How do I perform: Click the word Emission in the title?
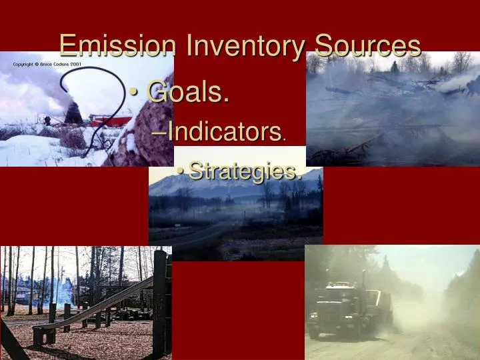point(118,46)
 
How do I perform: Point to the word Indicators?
point(224,131)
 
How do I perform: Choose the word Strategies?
point(243,171)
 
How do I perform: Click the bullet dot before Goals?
point(135,93)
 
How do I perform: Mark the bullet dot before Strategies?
point(181,172)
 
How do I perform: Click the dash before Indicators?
point(160,132)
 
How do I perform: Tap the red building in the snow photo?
point(110,121)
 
